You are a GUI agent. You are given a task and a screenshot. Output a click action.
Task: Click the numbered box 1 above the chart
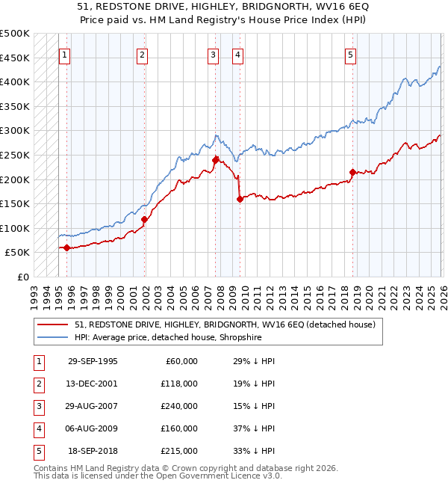point(65,54)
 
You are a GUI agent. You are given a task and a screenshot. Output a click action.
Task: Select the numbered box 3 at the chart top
point(213,54)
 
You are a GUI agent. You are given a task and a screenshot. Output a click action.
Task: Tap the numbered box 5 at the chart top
point(350,54)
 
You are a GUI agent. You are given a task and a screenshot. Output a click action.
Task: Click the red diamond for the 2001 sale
point(144,219)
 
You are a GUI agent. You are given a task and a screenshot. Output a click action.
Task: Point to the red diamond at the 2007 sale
point(215,159)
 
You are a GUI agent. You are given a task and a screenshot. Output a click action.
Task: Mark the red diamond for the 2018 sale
point(352,172)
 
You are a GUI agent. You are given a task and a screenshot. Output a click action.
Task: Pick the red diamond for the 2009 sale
point(240,199)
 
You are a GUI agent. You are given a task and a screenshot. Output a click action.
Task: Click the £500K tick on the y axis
point(16,34)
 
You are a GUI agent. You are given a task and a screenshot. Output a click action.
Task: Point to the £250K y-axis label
point(16,155)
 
